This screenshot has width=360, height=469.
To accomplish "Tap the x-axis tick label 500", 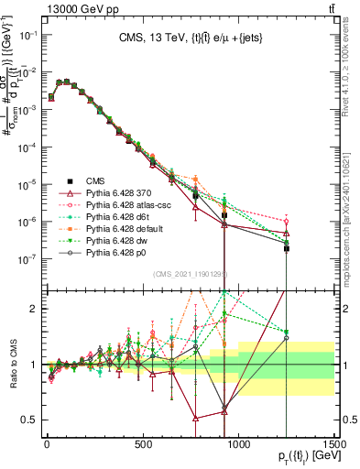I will coord(142,444).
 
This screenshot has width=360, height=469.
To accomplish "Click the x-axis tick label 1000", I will coord(238,444).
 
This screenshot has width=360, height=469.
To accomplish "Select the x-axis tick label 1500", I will coord(333,444).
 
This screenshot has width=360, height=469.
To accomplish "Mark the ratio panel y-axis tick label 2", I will coord(32,309).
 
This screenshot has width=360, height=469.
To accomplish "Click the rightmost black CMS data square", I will coord(287,248).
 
